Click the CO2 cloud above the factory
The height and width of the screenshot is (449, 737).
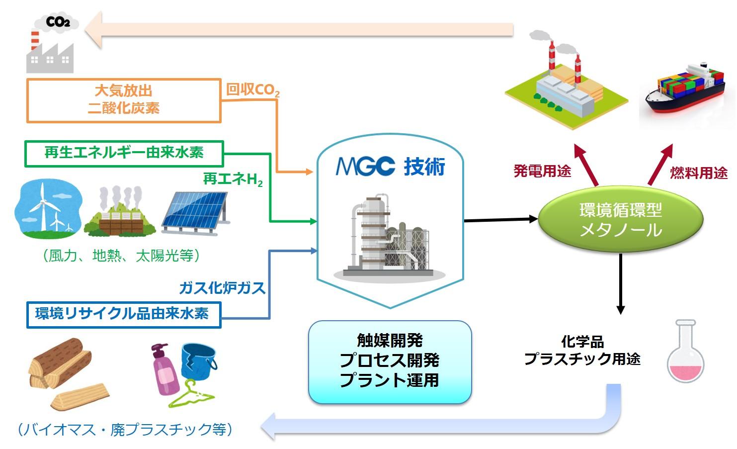pyautogui.click(x=58, y=22)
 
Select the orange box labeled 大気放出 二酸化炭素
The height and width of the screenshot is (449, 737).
pyautogui.click(x=123, y=100)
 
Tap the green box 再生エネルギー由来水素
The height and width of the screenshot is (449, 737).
pyautogui.click(x=124, y=153)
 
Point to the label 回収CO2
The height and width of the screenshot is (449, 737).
pyautogui.click(x=252, y=90)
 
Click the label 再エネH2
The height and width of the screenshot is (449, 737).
pyautogui.click(x=233, y=179)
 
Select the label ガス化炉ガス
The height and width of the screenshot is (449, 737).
pyautogui.click(x=222, y=288)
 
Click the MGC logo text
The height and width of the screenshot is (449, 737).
pyautogui.click(x=365, y=167)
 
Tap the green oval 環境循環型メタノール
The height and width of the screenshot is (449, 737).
pyautogui.click(x=621, y=220)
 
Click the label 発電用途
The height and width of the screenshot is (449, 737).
pyautogui.click(x=542, y=171)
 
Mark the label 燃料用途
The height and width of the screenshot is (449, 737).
pyautogui.click(x=698, y=173)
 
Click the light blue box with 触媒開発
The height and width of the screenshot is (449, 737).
pyautogui.click(x=390, y=361)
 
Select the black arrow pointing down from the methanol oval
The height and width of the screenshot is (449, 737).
pyautogui.click(x=620, y=284)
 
